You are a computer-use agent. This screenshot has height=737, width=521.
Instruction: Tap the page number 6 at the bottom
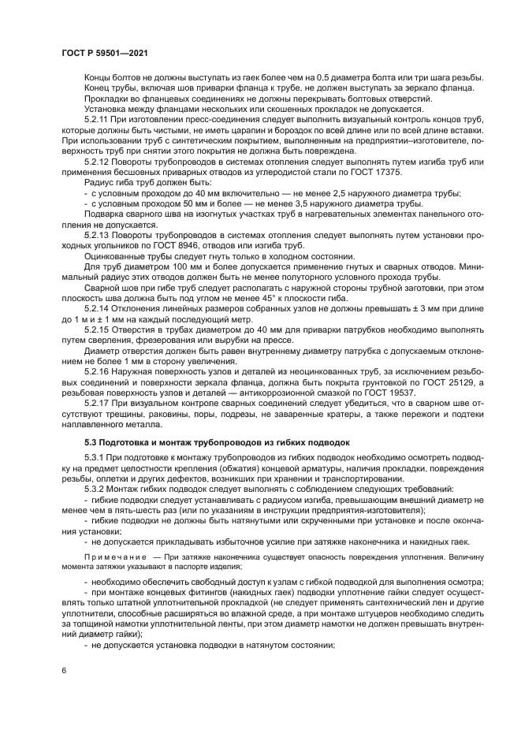[x=64, y=670]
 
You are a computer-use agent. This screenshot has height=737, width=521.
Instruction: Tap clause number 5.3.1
[x=95, y=458]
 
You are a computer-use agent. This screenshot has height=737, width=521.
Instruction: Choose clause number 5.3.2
[x=95, y=489]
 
